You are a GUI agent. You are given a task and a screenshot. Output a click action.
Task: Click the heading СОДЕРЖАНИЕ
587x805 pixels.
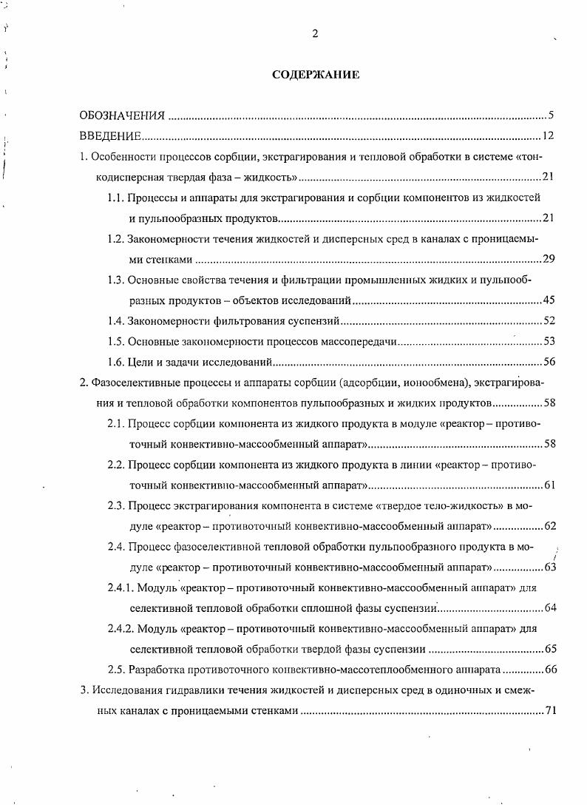click(x=316, y=75)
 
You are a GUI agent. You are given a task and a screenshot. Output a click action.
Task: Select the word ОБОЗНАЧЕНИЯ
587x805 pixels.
click(x=122, y=116)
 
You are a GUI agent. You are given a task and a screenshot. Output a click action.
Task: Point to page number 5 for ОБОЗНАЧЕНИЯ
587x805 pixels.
click(x=552, y=115)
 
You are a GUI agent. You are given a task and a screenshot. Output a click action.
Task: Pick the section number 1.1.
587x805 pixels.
click(x=115, y=198)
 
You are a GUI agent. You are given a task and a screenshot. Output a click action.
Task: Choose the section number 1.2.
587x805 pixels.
click(x=115, y=240)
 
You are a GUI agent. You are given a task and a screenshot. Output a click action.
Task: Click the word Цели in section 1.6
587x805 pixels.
click(x=140, y=362)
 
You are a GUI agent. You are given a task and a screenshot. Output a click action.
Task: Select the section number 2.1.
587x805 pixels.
click(x=115, y=424)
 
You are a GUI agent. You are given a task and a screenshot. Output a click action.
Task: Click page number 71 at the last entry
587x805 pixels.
click(x=549, y=711)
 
